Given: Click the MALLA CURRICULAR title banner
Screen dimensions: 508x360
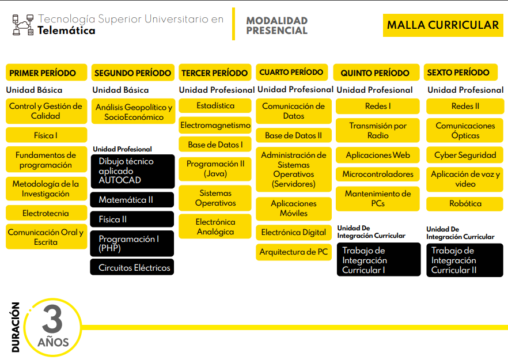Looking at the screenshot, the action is tap(443, 25).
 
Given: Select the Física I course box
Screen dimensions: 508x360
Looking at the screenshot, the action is tap(46, 135).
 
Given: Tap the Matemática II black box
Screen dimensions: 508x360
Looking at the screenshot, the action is tap(132, 200).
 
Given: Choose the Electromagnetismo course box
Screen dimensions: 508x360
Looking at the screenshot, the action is tap(215, 125).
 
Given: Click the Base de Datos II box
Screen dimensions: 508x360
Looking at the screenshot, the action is tap(294, 135).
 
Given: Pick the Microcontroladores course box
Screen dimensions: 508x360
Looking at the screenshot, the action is tap(378, 175).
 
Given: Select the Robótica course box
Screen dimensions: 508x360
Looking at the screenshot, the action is tap(465, 203).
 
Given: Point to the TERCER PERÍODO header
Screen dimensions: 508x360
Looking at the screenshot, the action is tap(215, 73).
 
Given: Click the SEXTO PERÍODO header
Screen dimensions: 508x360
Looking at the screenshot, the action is tap(460, 72).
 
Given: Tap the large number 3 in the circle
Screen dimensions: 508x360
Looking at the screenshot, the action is tap(52, 319).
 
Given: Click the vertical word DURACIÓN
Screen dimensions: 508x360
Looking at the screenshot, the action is tap(16, 327).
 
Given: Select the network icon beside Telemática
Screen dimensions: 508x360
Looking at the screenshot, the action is tap(23, 25).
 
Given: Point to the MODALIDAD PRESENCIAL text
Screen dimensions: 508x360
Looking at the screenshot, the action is tap(276, 25).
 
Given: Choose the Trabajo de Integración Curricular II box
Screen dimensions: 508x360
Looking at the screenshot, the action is tap(465, 260).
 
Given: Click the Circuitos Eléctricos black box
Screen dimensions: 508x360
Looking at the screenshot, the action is tap(132, 267).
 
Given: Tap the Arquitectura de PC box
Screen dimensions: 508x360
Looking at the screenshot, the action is tap(294, 252).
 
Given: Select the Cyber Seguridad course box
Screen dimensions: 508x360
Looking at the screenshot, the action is tap(465, 155).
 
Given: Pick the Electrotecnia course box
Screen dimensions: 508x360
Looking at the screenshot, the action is tap(46, 213).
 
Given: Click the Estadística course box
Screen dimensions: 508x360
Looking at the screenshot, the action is tap(215, 105).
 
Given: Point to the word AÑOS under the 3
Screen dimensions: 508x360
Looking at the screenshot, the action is tap(53, 342).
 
